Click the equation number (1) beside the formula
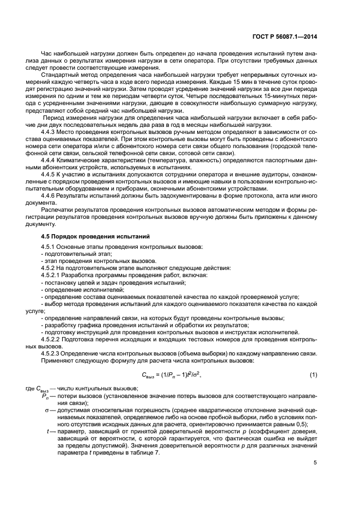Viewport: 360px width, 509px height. (x=313, y=375)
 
